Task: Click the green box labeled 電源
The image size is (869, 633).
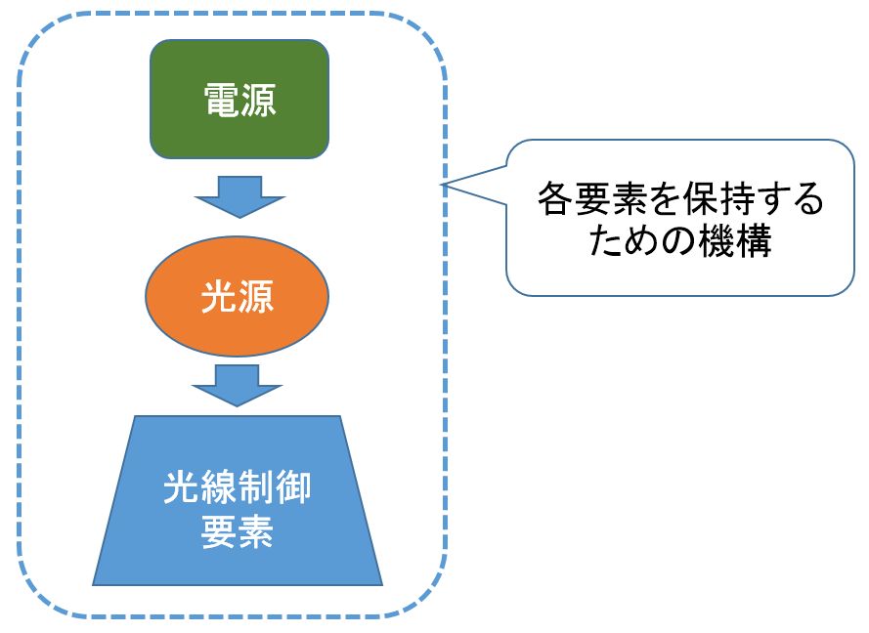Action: pyautogui.click(x=239, y=99)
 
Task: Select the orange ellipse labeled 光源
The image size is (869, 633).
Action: pyautogui.click(x=238, y=296)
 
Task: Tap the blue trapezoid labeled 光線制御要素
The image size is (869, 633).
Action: pyautogui.click(x=238, y=501)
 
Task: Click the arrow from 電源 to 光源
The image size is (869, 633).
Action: pyautogui.click(x=239, y=197)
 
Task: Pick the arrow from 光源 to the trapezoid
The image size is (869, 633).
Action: pyautogui.click(x=238, y=386)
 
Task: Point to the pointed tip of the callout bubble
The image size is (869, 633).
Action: pyautogui.click(x=442, y=185)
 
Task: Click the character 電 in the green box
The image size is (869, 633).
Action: pyautogui.click(x=221, y=101)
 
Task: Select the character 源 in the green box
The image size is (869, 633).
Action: pyautogui.click(x=258, y=101)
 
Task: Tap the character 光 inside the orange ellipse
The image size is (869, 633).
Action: pyautogui.click(x=219, y=297)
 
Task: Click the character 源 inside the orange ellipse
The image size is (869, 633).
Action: pyautogui.click(x=256, y=297)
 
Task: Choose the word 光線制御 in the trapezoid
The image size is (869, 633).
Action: pyautogui.click(x=238, y=487)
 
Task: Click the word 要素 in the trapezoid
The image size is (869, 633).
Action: pyautogui.click(x=238, y=532)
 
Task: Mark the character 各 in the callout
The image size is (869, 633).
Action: pyautogui.click(x=556, y=198)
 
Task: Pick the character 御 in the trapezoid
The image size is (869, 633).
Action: pyautogui.click(x=293, y=487)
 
